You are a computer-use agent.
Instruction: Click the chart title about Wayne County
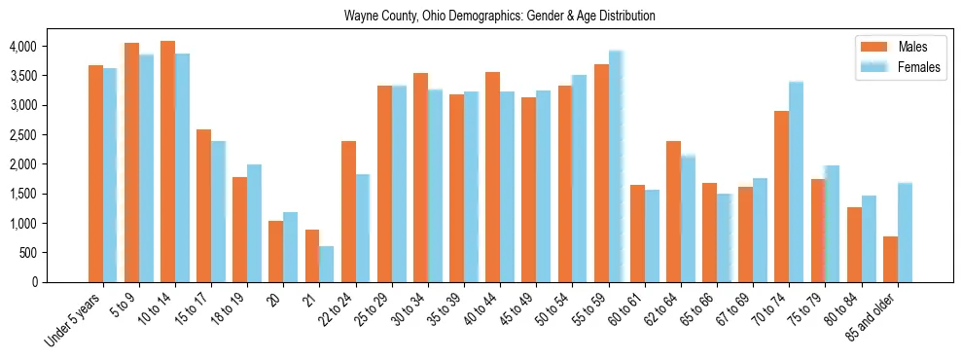500,17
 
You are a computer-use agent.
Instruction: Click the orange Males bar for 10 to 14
167,162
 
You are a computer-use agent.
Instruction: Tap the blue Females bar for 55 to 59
616,166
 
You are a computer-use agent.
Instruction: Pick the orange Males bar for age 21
312,256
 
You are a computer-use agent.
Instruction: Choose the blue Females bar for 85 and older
905,233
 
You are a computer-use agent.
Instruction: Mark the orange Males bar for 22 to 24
348,211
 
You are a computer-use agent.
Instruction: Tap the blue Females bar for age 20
291,247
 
